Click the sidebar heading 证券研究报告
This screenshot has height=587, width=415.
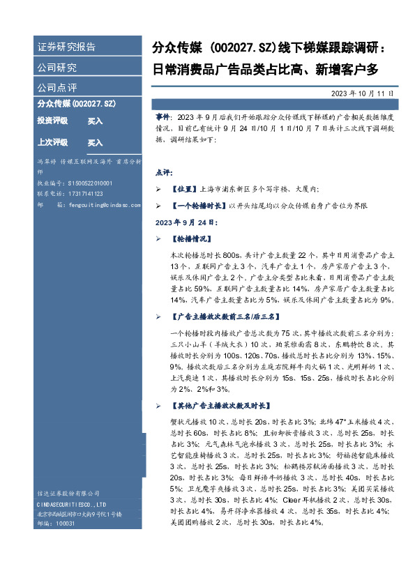(66, 47)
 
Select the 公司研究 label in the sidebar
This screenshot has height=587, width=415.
(57, 68)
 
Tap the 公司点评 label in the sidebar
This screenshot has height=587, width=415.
(57, 88)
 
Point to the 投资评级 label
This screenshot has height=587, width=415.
(52, 121)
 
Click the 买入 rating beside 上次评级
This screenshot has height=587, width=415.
(95, 142)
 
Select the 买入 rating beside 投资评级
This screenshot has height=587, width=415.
(95, 121)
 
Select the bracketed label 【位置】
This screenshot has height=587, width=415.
(185, 188)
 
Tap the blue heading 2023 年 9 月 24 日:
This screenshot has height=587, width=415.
(186, 224)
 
